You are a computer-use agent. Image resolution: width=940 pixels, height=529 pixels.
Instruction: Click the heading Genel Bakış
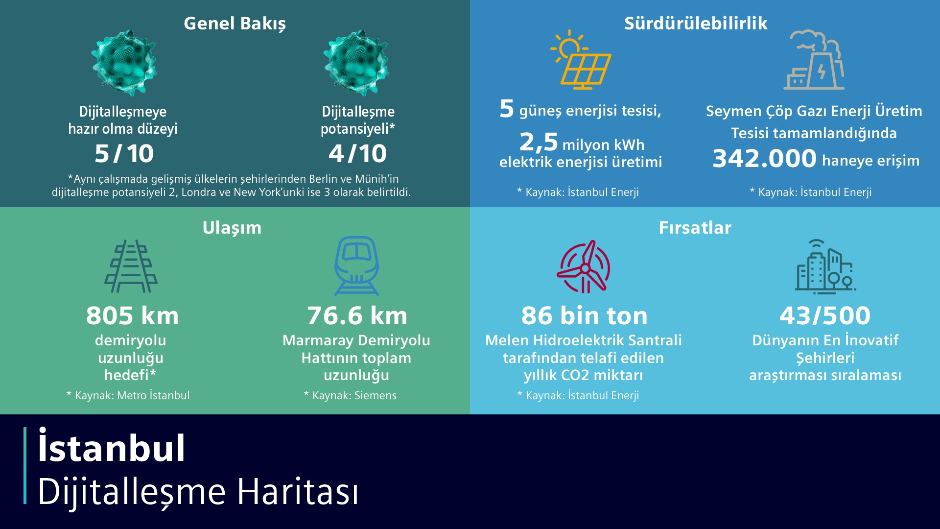(235, 24)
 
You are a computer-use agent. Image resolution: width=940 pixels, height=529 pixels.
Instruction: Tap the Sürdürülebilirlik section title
(695, 24)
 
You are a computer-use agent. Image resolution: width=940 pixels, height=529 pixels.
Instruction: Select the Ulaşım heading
(232, 228)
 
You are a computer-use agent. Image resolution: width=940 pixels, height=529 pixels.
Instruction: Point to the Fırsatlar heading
(695, 228)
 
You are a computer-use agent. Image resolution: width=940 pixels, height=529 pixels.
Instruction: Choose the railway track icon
(131, 266)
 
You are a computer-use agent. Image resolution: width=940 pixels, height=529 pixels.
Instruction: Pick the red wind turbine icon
(584, 267)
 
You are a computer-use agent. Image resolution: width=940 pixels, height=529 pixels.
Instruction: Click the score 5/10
(124, 154)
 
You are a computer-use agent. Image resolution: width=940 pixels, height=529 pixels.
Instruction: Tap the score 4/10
(357, 154)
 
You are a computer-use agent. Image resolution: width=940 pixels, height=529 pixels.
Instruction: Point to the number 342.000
(764, 159)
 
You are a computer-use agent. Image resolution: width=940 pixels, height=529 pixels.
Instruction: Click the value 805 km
(132, 316)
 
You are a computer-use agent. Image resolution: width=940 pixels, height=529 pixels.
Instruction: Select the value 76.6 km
(357, 316)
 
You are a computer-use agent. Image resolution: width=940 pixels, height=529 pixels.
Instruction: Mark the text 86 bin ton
(584, 316)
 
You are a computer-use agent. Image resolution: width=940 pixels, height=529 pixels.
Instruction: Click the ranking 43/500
(825, 316)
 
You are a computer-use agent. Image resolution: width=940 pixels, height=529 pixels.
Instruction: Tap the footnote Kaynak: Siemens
(351, 396)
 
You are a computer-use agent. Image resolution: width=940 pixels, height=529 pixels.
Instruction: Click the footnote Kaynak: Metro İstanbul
(128, 396)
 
